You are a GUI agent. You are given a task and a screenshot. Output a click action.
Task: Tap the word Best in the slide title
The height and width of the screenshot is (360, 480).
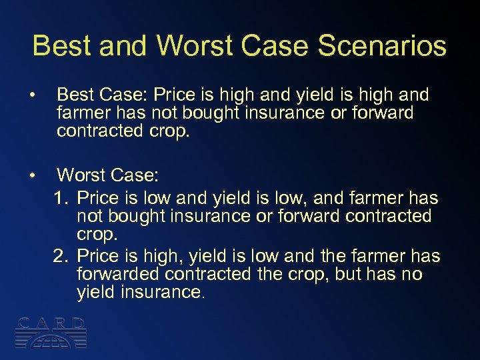[60, 46]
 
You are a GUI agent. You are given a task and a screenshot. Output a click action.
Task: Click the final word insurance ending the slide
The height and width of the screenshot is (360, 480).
[161, 292]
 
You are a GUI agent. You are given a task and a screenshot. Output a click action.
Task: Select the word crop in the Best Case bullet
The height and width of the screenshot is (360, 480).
[171, 131]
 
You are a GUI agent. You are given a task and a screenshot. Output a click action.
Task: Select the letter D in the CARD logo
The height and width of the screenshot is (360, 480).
[79, 324]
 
